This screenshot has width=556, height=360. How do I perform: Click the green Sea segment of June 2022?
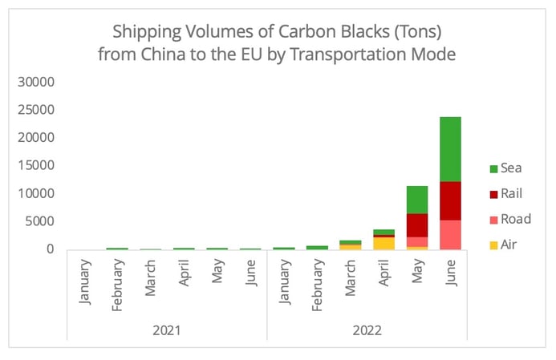pos(449,149)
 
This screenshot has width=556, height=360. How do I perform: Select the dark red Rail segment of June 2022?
pos(449,200)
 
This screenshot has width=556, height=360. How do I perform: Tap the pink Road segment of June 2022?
pos(449,234)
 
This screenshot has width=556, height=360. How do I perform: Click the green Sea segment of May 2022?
pos(416,200)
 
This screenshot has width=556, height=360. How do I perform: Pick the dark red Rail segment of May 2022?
pos(416,225)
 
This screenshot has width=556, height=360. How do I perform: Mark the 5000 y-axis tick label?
pos(39,221)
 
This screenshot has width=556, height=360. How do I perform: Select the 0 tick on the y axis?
pos(50,249)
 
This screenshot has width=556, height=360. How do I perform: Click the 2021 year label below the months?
pos(166,330)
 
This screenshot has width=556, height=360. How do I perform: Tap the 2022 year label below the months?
pos(367,330)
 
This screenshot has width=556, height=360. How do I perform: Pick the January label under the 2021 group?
pos(85,281)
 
